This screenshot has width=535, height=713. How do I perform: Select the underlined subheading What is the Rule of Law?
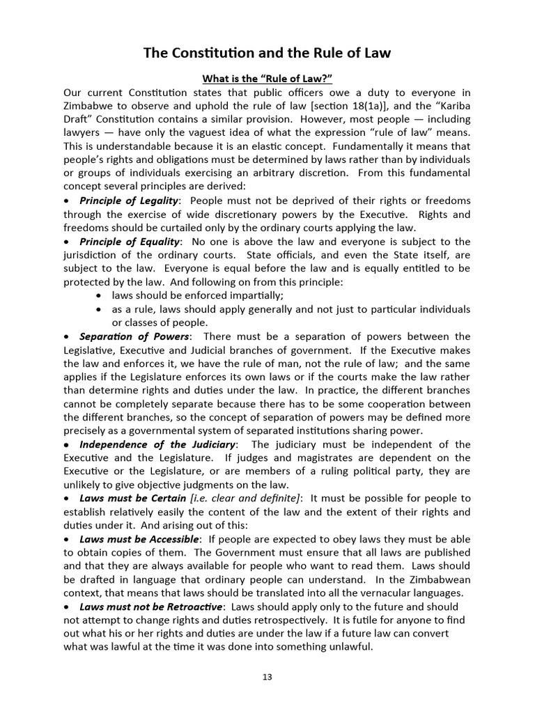tap(267, 79)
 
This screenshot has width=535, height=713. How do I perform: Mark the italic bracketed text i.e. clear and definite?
tap(245, 498)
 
